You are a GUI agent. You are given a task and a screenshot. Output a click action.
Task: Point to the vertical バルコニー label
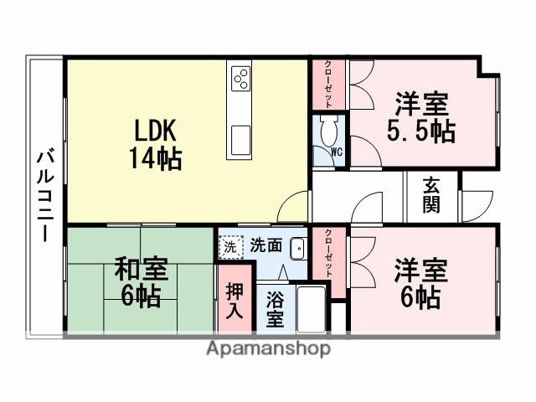click(46, 194)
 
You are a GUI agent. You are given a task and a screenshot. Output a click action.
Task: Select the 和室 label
click(141, 271)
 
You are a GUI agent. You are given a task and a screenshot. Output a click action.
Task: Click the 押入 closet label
click(235, 299)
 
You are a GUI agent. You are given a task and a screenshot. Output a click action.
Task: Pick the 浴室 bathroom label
click(274, 310)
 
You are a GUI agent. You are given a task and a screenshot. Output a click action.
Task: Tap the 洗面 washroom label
click(265, 247)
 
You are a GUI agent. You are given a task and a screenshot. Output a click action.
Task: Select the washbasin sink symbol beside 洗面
click(297, 249)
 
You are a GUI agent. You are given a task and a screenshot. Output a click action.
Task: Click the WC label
click(336, 152)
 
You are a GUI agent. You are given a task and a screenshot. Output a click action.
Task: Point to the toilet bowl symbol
click(327, 131)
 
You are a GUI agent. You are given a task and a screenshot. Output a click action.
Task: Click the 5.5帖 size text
click(421, 131)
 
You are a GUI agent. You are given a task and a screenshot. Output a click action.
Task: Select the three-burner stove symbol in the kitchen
click(241, 80)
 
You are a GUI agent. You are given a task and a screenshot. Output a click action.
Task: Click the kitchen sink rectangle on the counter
click(241, 139)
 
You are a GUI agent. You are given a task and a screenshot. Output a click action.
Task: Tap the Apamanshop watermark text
click(268, 348)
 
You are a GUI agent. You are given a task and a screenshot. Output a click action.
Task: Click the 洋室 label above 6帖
click(421, 271)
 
